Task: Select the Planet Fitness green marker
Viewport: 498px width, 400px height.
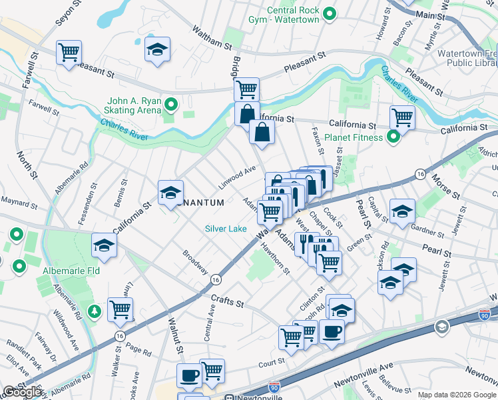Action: coord(393,137)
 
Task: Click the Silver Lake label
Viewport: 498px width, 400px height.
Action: coord(226,229)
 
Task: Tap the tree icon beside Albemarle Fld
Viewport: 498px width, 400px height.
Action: coord(95,311)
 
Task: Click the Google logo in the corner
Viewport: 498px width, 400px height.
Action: coord(22,392)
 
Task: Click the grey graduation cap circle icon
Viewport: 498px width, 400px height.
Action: coord(441,327)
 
